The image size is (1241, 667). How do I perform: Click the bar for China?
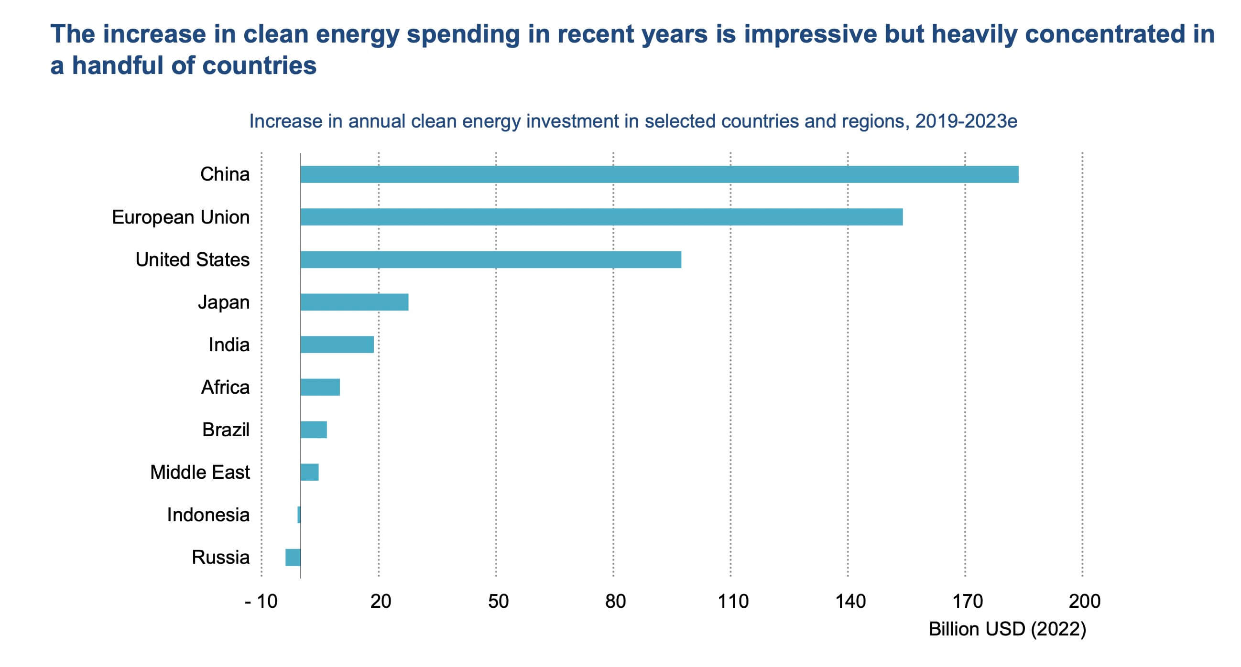[x=659, y=174]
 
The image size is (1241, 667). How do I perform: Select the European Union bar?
[x=601, y=217]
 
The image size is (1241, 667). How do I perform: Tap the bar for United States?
[x=490, y=259]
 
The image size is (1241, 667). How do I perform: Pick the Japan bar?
[x=354, y=302]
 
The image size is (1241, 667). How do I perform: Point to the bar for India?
[x=337, y=344]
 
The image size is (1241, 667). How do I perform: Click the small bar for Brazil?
[x=314, y=430]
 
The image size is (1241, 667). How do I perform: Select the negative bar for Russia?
[x=293, y=557]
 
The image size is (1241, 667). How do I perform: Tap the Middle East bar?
[x=309, y=472]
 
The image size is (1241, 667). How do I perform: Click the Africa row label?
[x=225, y=387]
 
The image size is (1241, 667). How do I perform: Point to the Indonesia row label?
[x=208, y=515]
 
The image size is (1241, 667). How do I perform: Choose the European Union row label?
[x=181, y=217]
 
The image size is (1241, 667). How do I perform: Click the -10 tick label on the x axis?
[x=261, y=602]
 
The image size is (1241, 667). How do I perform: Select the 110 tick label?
[x=733, y=602]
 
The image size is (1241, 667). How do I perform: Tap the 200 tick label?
[x=1084, y=602]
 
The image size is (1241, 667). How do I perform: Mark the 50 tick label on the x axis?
[x=498, y=602]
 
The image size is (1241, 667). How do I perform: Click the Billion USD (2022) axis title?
[x=1007, y=629]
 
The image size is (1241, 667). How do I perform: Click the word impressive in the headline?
[x=809, y=34]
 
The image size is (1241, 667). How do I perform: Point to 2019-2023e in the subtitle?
[x=966, y=121]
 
